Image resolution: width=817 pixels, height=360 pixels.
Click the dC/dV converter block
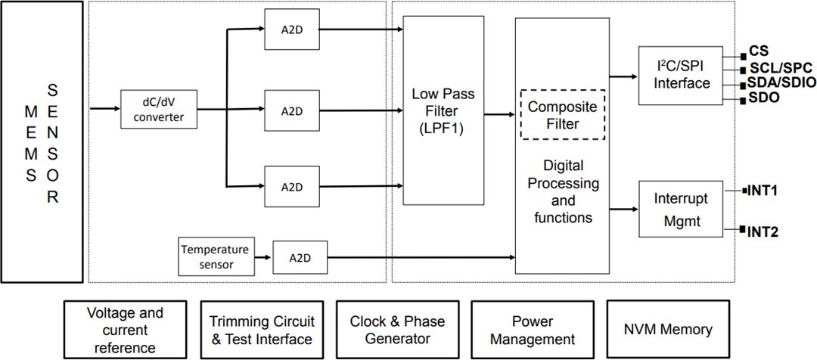click(160, 110)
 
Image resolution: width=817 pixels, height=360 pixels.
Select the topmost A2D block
click(291, 29)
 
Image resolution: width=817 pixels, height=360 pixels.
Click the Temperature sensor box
click(213, 257)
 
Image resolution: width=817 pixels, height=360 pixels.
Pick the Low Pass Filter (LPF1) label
click(443, 110)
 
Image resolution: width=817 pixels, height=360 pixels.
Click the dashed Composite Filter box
click(562, 115)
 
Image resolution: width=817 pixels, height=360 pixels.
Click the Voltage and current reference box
click(125, 329)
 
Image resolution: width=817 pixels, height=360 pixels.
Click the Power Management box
click(532, 329)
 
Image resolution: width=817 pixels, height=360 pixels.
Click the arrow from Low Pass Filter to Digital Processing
click(499, 115)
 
